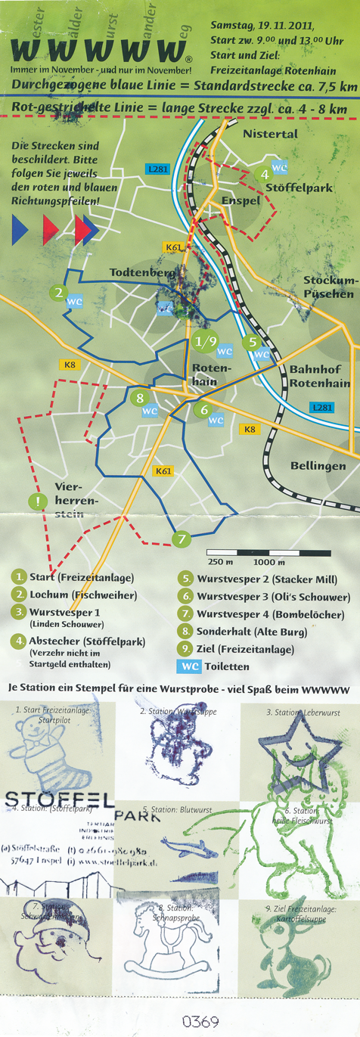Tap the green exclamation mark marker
pos(36,500)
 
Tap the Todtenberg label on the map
pos(143,272)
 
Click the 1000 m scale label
pos(269,563)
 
